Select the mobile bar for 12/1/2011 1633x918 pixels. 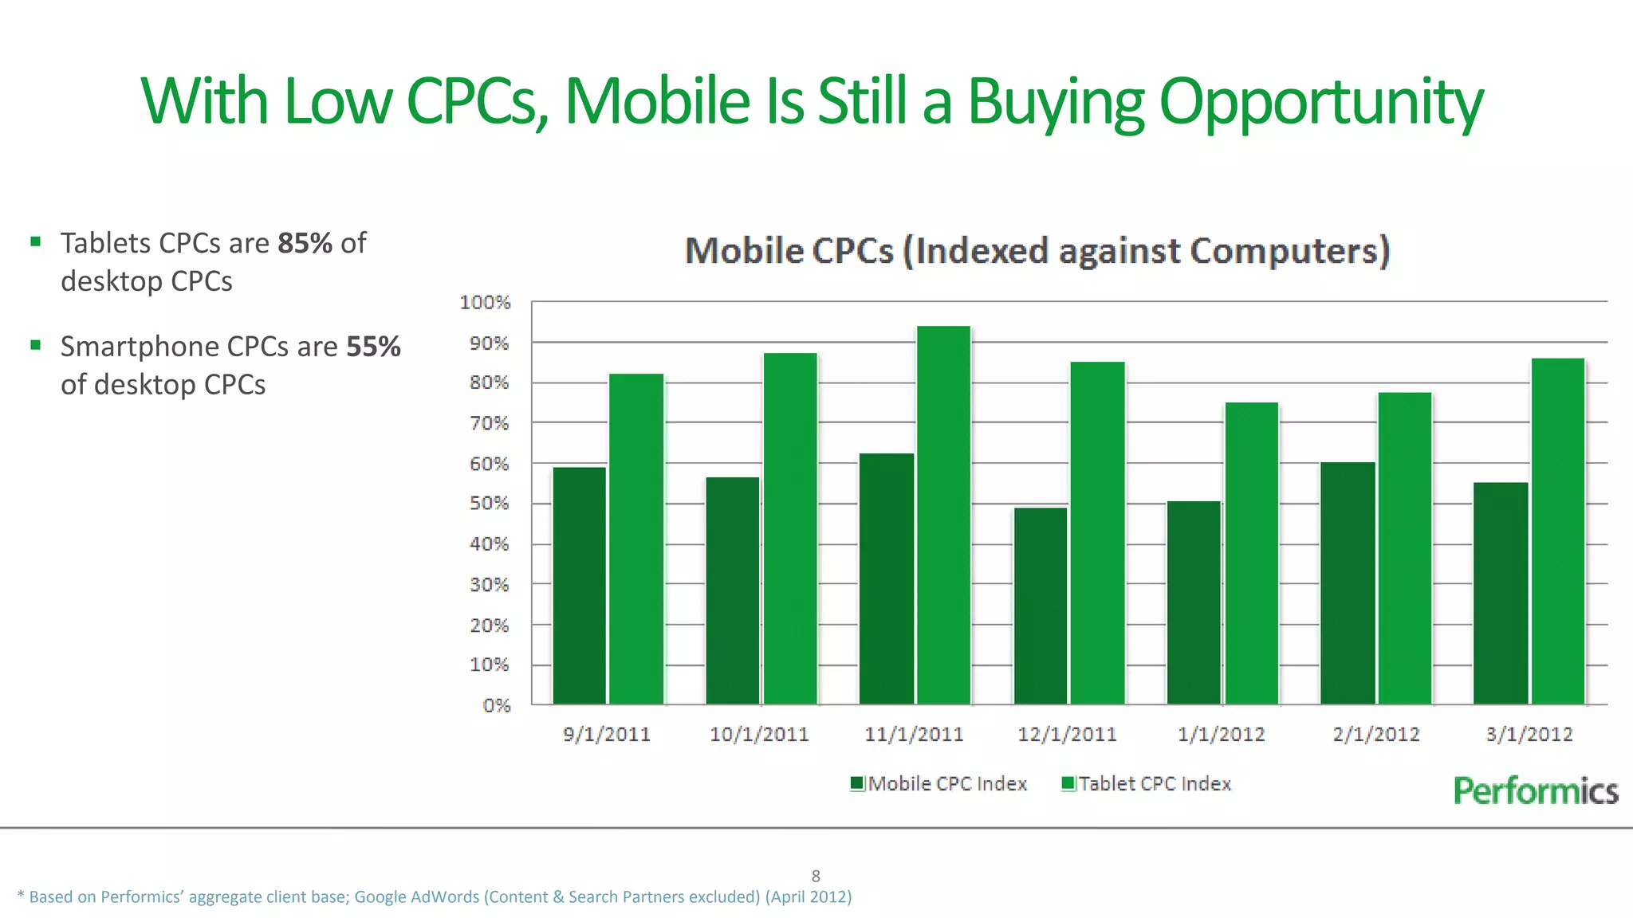1040,606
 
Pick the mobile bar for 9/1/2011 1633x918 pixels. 579,586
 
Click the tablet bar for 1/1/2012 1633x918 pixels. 1251,553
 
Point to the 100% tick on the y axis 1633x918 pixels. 485,302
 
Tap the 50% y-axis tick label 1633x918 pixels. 489,504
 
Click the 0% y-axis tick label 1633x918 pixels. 496,705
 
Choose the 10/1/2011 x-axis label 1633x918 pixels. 758,734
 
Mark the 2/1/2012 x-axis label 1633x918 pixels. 1375,734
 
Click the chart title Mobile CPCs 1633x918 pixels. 1037,251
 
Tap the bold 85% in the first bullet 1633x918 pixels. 305,243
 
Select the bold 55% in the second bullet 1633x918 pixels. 373,347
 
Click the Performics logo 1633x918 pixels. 1535,790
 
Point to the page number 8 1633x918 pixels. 816,876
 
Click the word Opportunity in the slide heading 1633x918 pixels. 1320,102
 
